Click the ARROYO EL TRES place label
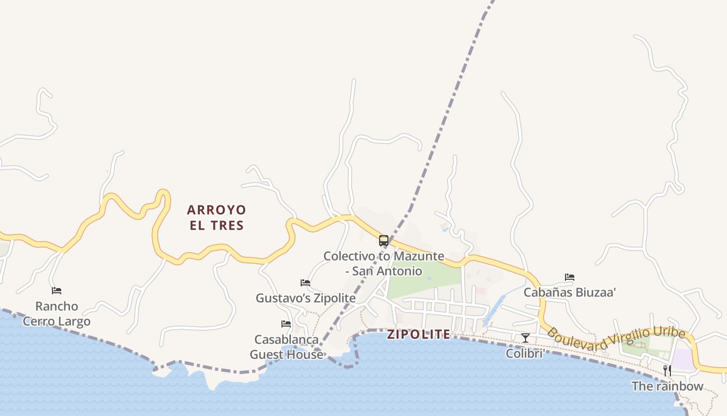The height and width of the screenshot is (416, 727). pyautogui.click(x=216, y=217)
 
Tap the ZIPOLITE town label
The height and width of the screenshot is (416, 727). pyautogui.click(x=419, y=334)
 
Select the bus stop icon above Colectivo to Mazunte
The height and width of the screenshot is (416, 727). pyautogui.click(x=384, y=241)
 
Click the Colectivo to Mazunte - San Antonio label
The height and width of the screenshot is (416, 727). pyautogui.click(x=384, y=263)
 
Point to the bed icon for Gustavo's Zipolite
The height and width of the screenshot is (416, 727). pyautogui.click(x=305, y=283)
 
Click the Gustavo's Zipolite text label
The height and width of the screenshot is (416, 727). pyautogui.click(x=305, y=298)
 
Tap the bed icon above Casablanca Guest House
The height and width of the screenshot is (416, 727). pyautogui.click(x=286, y=324)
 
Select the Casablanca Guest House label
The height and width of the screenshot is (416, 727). pyautogui.click(x=286, y=347)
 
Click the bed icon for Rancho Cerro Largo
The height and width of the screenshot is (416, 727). pyautogui.click(x=57, y=291)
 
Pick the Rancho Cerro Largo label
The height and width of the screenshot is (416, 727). pyautogui.click(x=57, y=314)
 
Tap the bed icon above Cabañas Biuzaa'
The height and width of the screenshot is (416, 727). pyautogui.click(x=570, y=277)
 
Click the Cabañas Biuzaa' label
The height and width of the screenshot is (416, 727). pyautogui.click(x=570, y=292)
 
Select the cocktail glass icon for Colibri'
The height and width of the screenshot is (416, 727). pyautogui.click(x=526, y=338)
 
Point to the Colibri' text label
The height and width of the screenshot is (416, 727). pyautogui.click(x=526, y=354)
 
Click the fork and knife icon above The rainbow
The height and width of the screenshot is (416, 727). pyautogui.click(x=667, y=371)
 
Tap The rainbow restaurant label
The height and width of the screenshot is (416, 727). pyautogui.click(x=667, y=386)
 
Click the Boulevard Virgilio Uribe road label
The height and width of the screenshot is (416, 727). pyautogui.click(x=616, y=337)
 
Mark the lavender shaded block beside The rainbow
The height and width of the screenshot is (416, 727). pyautogui.click(x=683, y=359)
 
